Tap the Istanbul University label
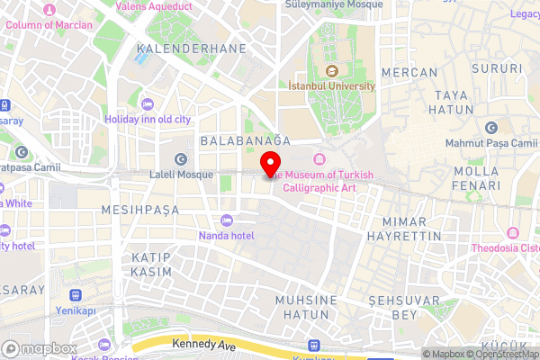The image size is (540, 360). [x=331, y=85]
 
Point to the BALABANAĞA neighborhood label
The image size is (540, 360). [x=246, y=141]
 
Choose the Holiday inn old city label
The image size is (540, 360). [x=148, y=119]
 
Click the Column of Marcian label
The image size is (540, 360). [x=49, y=25]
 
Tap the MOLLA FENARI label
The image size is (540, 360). [x=476, y=178]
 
